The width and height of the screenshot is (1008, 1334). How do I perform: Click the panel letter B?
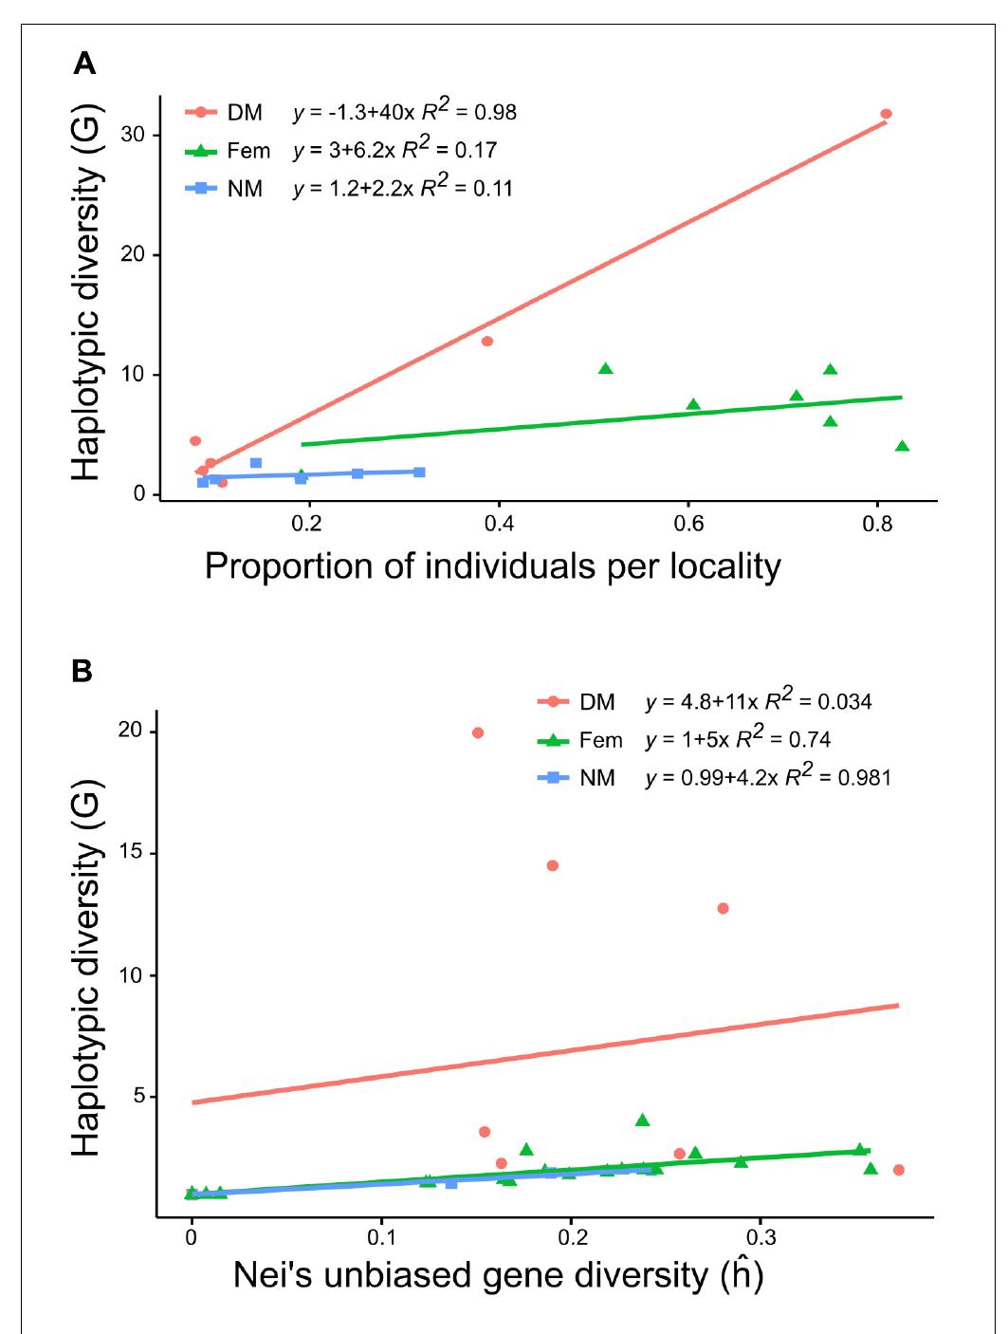[82, 672]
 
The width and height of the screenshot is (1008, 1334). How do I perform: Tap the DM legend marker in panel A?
[201, 113]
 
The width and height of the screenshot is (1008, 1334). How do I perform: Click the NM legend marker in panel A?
[201, 188]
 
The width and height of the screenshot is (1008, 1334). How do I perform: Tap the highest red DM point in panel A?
[886, 114]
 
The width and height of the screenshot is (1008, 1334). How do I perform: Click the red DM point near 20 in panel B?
[478, 732]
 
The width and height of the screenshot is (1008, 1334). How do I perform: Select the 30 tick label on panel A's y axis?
[134, 135]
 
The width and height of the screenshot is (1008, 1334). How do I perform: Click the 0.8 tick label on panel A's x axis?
[877, 525]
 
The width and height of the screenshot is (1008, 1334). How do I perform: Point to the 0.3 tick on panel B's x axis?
[761, 1239]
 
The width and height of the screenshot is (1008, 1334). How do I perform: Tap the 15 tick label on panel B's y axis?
[134, 853]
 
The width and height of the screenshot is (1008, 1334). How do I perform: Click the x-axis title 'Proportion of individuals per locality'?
[492, 566]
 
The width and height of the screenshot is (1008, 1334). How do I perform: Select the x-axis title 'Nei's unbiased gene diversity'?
[498, 1276]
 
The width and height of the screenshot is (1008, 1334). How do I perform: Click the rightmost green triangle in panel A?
[902, 446]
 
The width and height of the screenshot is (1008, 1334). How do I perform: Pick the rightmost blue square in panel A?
[419, 472]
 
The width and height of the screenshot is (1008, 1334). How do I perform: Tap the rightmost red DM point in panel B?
[898, 1170]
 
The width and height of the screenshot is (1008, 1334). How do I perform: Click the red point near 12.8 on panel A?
[487, 342]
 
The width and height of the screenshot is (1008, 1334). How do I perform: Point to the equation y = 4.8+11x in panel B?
[702, 702]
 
